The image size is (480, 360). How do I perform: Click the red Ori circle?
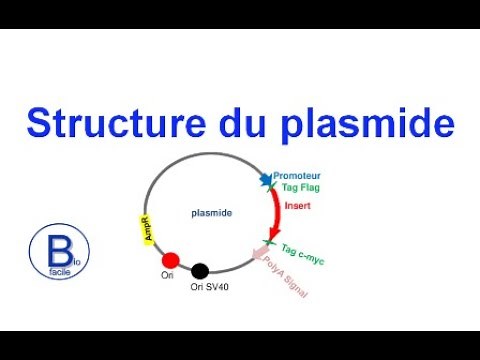170,261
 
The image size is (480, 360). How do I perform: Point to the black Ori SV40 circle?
200,270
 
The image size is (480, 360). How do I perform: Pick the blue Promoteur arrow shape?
266,180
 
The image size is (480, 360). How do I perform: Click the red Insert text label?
298,206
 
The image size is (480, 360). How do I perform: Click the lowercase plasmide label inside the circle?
210,212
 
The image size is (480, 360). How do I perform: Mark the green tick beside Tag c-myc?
269,242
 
